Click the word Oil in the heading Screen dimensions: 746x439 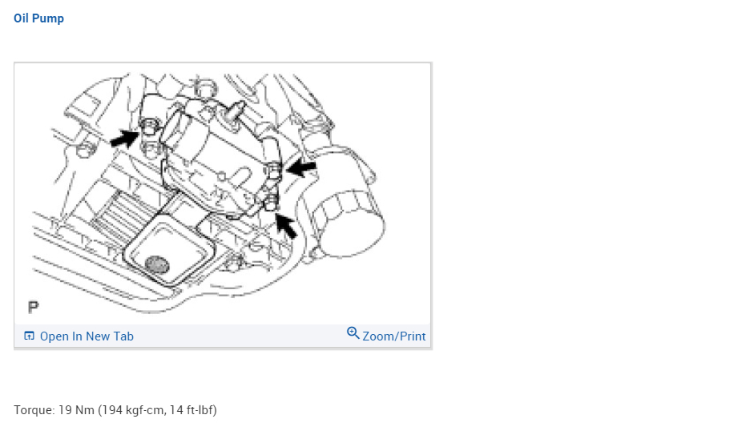coord(21,18)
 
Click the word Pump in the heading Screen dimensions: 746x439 coord(48,19)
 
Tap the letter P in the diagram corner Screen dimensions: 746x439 coord(34,308)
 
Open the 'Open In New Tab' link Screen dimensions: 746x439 coord(87,336)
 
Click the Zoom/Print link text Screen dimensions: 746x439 coord(394,336)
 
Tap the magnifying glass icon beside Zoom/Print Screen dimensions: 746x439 coord(353,333)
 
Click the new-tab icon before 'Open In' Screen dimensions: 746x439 coord(29,336)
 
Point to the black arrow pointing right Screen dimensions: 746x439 coord(125,139)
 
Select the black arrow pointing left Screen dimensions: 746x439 coord(301,167)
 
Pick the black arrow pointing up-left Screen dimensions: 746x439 coord(286,226)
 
